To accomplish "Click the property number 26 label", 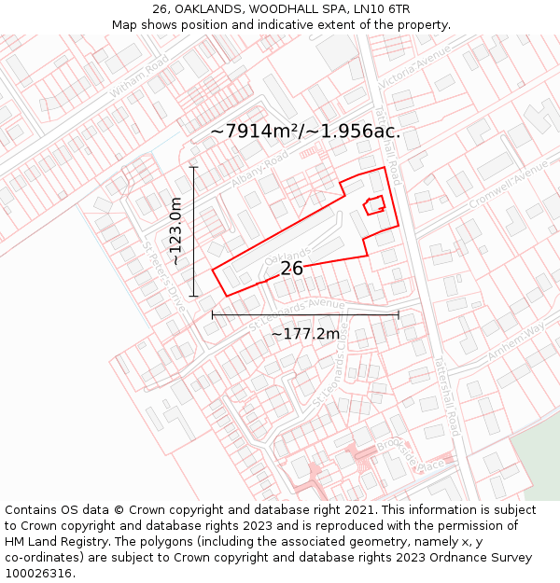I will click(292, 269).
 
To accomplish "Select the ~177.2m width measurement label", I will click(305, 334).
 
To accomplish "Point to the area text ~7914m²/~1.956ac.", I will click(305, 132).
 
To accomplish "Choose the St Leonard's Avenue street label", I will click(297, 312).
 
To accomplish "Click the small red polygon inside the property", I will click(374, 205).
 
